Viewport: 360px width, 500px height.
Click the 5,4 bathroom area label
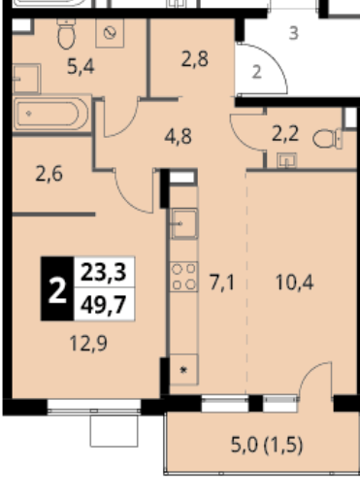(81, 67)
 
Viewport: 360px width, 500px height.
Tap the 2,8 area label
(195, 59)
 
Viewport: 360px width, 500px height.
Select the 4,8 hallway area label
(179, 137)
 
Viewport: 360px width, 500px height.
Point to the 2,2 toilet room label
(285, 134)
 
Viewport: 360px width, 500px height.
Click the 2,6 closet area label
(49, 174)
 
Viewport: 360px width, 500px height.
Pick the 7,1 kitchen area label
(221, 282)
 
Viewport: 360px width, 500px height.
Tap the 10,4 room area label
(294, 283)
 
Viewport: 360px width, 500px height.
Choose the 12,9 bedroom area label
(88, 343)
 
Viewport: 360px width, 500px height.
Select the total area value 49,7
(103, 305)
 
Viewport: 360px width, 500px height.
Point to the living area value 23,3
(103, 272)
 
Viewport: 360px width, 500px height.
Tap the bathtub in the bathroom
(51, 114)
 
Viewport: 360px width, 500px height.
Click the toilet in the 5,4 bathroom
(66, 34)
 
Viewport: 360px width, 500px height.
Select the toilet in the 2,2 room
(328, 139)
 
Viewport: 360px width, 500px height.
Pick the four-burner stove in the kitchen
(183, 277)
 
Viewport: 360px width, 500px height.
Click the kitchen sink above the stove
(184, 223)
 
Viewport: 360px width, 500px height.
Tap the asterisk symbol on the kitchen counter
(183, 370)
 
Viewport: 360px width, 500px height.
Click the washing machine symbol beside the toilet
(110, 33)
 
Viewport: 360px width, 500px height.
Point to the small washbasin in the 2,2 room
(286, 161)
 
